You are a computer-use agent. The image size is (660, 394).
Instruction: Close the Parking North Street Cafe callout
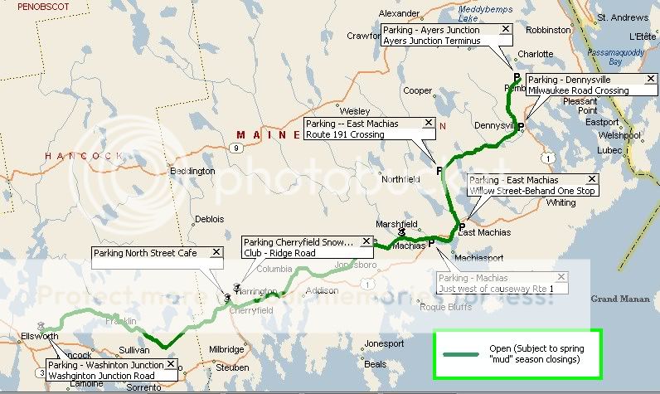(216, 252)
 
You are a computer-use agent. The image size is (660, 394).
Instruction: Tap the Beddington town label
(192, 172)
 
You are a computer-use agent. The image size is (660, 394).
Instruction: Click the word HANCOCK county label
(83, 155)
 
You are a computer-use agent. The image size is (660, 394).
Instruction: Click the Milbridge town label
(227, 349)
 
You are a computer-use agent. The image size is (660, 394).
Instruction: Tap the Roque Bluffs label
(445, 307)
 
